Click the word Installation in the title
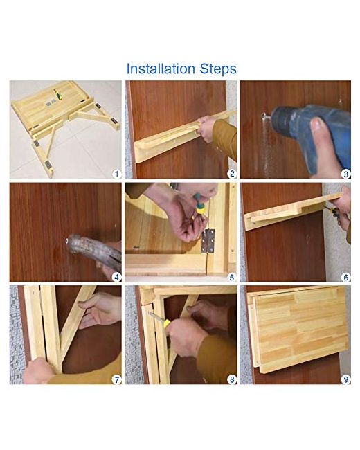coord(161,69)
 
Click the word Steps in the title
coord(219,69)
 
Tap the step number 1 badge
coord(116,174)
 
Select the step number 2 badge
coord(232,174)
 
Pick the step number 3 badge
coord(346,174)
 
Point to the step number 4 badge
coord(116,277)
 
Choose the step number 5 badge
coord(232,277)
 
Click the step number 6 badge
coord(346,277)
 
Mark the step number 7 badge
coord(116,379)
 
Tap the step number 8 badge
coord(232,379)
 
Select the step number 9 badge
coord(346,379)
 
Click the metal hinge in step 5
coord(208,241)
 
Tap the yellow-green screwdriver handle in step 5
coord(199,204)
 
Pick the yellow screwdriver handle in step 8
coord(167,324)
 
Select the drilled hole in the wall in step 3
coord(264,116)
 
